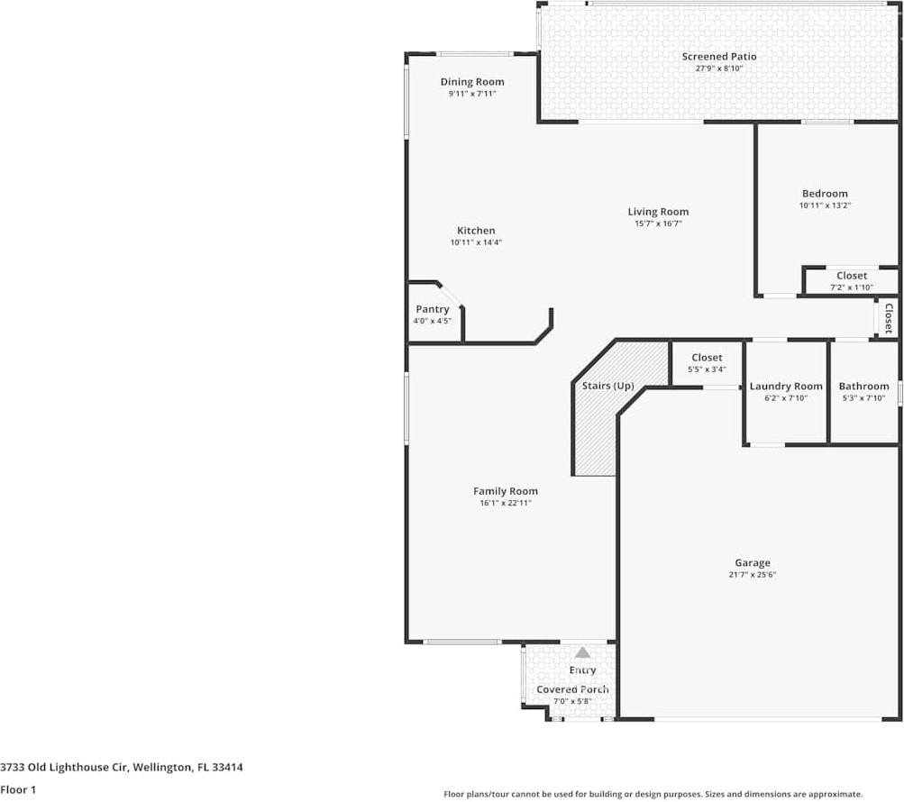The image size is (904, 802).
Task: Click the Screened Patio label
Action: tap(718, 57)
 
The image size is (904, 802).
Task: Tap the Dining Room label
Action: tap(472, 82)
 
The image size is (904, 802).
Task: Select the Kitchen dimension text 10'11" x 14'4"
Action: tap(476, 242)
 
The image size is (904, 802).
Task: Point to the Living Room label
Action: tap(658, 212)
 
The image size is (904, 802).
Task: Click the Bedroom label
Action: tap(825, 194)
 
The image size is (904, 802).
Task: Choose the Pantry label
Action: tap(433, 309)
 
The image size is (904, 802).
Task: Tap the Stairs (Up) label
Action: tap(607, 386)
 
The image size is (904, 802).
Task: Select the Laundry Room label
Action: tap(786, 387)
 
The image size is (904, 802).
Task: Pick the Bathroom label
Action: tap(863, 387)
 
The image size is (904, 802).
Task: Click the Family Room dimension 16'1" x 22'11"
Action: tap(506, 503)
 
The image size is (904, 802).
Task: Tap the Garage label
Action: tap(753, 563)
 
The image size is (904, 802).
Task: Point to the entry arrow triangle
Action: tap(583, 652)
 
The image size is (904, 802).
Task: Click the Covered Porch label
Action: tap(572, 689)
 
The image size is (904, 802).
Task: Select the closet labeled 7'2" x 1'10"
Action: tap(852, 281)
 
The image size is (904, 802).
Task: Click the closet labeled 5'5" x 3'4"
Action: tap(707, 363)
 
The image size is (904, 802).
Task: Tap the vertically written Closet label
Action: tap(889, 318)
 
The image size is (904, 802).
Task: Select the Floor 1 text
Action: tap(19, 789)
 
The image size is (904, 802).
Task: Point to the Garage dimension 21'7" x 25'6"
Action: tap(753, 575)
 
